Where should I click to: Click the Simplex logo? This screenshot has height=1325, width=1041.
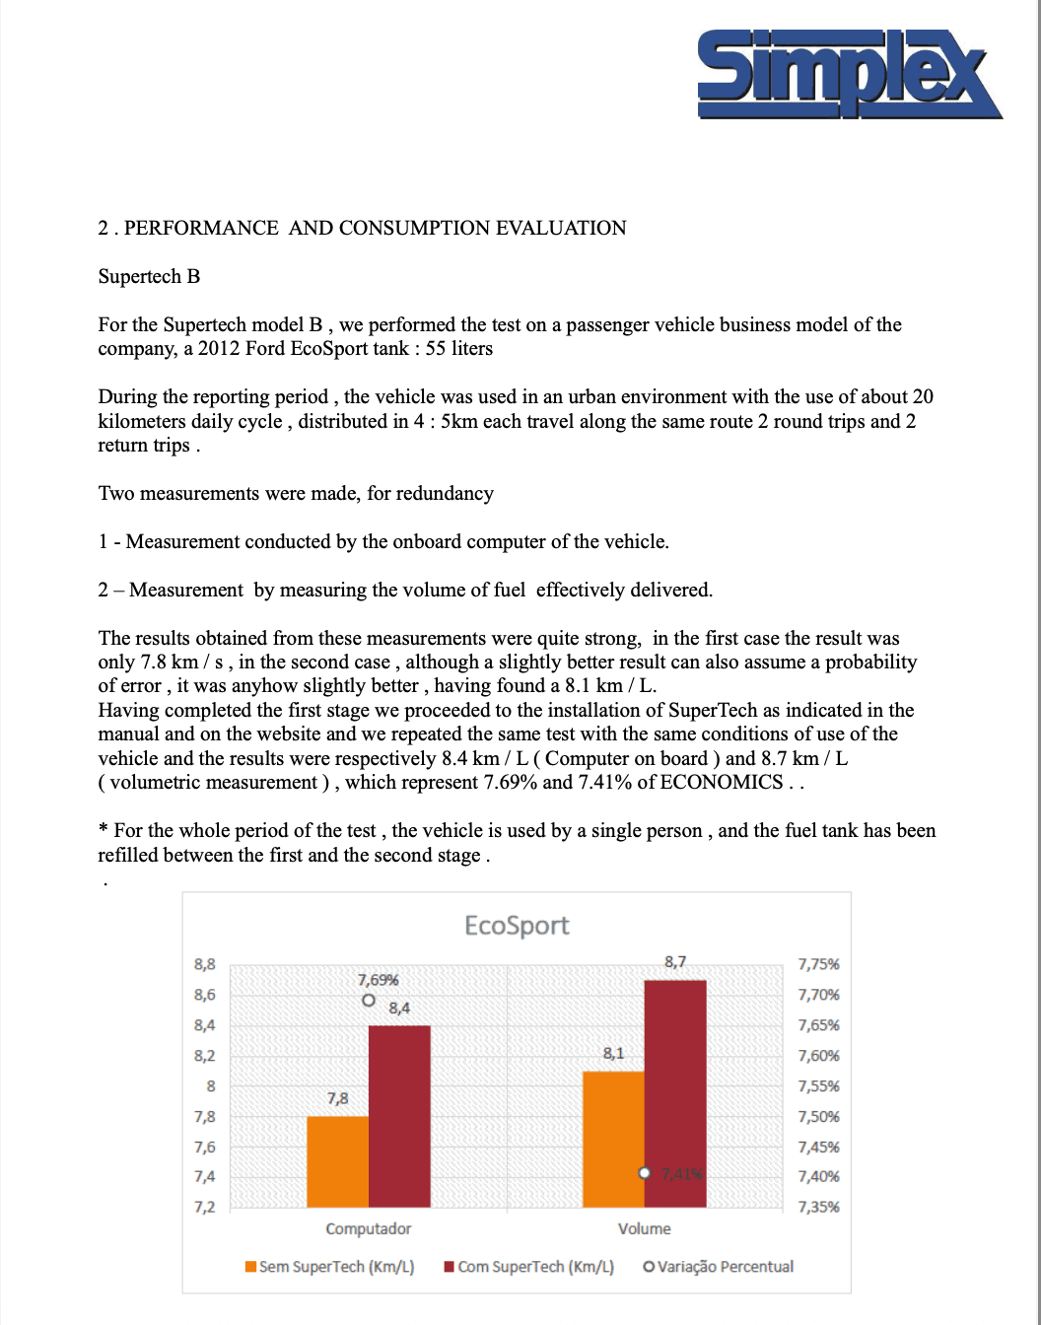tap(849, 74)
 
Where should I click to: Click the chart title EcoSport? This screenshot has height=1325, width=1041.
tap(517, 926)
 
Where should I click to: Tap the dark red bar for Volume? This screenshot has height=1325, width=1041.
tap(675, 1093)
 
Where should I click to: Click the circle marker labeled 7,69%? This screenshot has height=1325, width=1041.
tap(369, 1000)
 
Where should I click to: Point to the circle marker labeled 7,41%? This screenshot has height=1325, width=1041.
tap(645, 1173)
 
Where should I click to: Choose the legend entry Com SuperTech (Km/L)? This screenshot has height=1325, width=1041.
tap(529, 1267)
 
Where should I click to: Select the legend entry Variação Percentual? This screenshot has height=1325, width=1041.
tap(719, 1267)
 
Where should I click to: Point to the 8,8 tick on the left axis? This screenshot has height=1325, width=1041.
tap(204, 964)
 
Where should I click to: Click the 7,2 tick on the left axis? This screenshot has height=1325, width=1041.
tap(204, 1207)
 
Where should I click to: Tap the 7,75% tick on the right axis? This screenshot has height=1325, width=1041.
tap(818, 964)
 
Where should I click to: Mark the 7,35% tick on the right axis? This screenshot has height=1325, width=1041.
tap(818, 1207)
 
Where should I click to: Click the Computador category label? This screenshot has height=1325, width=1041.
tap(369, 1228)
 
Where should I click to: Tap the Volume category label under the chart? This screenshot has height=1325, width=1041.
tap(645, 1228)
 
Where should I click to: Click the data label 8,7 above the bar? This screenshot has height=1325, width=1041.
tap(675, 961)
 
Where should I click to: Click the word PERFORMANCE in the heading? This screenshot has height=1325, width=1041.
tap(201, 228)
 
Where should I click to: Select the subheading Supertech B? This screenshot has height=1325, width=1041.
tap(149, 276)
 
